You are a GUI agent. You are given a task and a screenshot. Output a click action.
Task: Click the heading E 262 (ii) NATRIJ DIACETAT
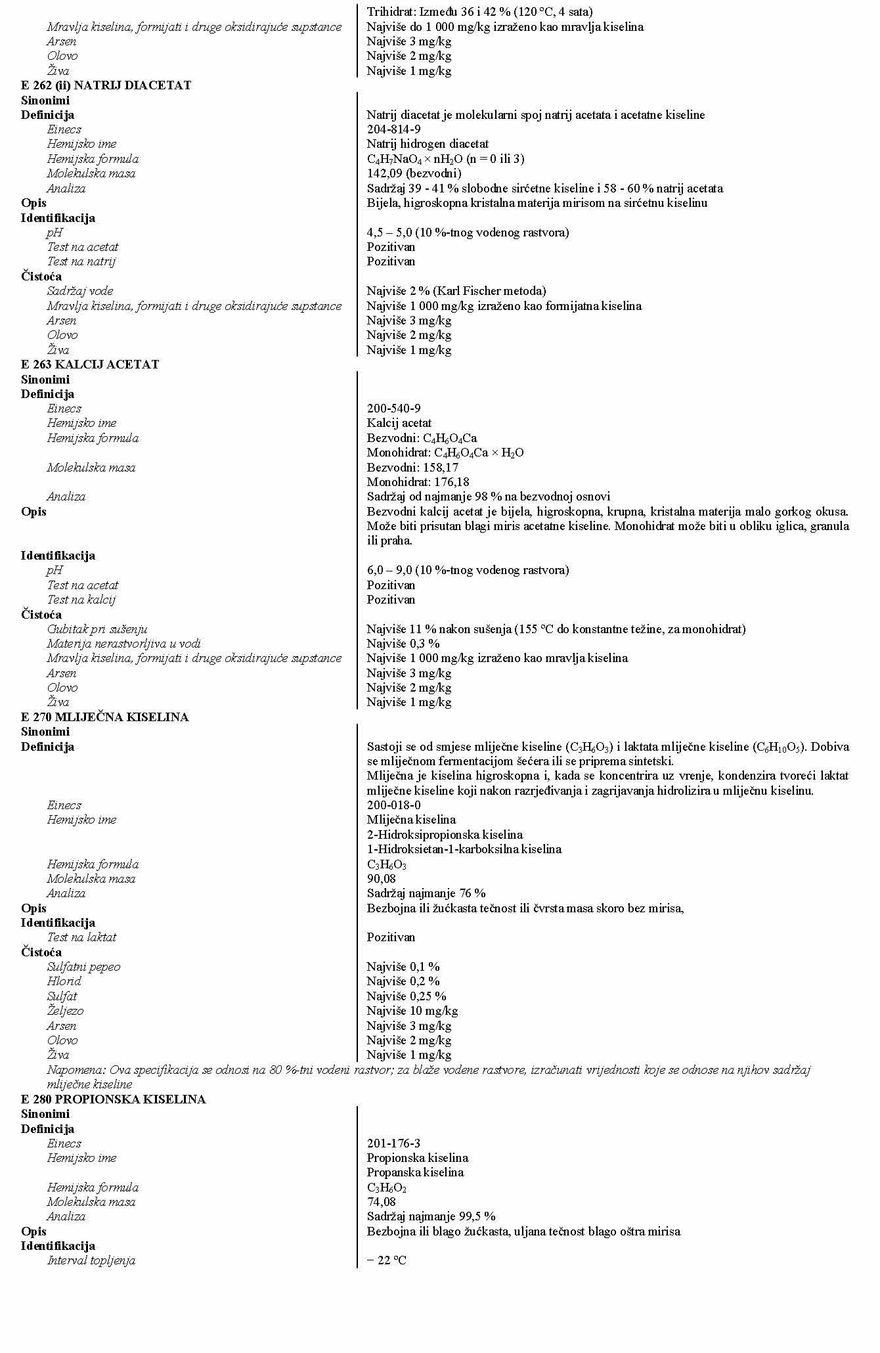click(x=106, y=85)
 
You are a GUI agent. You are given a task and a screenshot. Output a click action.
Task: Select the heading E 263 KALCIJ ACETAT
click(x=90, y=365)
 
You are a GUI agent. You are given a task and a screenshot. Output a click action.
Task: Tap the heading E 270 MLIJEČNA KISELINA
click(x=104, y=717)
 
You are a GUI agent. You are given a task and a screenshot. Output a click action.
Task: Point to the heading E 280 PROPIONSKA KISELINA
click(x=113, y=1099)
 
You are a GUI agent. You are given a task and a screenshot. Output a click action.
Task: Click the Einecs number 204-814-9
click(x=394, y=129)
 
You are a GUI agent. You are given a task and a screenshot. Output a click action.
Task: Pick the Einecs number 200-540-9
click(x=394, y=409)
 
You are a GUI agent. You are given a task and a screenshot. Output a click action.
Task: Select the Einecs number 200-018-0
click(x=394, y=805)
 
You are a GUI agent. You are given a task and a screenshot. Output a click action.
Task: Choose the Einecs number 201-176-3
click(x=394, y=1143)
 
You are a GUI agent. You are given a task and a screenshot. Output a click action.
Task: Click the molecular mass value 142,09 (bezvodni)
click(x=414, y=173)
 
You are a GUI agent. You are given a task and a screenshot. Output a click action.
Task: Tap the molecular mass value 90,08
click(x=382, y=879)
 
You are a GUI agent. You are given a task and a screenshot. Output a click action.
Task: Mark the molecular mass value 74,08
click(x=382, y=1202)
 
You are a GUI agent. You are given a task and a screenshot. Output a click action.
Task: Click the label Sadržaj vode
click(x=79, y=291)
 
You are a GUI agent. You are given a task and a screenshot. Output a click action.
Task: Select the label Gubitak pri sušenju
click(x=97, y=629)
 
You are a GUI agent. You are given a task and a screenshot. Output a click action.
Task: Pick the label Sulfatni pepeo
click(x=83, y=967)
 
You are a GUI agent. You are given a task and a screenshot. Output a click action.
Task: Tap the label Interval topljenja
click(x=91, y=1260)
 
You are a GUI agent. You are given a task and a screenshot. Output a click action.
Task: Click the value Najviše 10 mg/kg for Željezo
click(x=412, y=1011)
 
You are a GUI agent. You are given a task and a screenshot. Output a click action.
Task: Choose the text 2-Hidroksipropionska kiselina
click(x=445, y=835)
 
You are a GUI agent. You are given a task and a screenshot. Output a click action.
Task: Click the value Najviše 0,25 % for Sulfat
click(x=407, y=996)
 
